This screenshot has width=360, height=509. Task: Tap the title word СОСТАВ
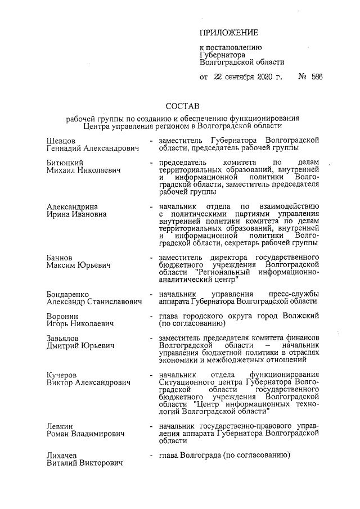tap(182, 106)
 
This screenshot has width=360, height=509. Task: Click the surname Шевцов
tap(61, 139)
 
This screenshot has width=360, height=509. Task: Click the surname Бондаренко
tap(68, 294)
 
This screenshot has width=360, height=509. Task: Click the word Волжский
tap(303, 316)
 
